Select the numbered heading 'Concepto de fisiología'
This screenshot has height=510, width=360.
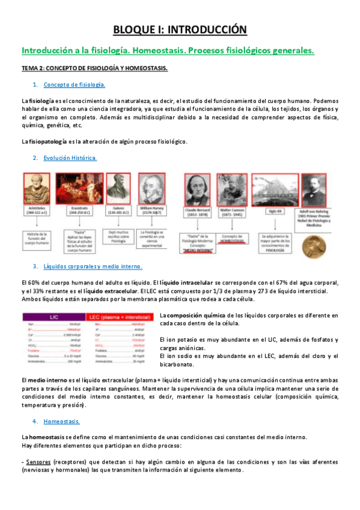point(74,85)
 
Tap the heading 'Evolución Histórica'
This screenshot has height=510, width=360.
point(70,158)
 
